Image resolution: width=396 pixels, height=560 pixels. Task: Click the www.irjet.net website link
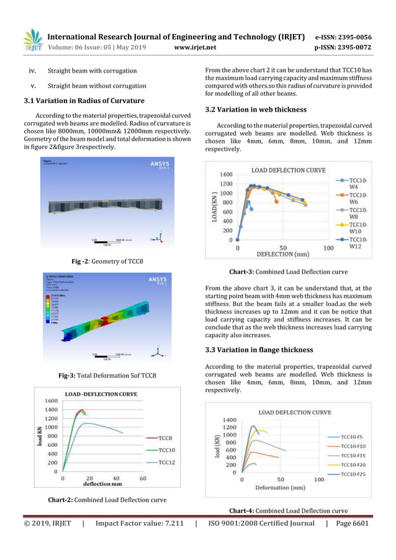199,46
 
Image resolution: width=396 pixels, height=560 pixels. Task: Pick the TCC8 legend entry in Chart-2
164,438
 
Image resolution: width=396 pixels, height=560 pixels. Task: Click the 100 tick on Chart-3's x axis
328,248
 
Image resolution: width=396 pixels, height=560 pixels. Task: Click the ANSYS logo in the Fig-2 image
159,165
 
